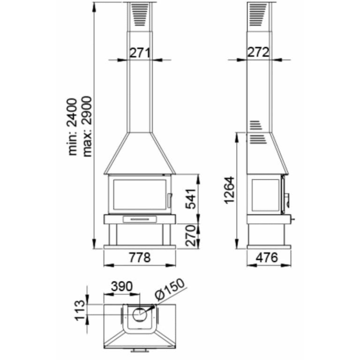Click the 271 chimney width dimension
pos(140,53)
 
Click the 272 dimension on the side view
pos(258,52)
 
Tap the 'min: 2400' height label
pos(73,127)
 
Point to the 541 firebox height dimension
pos(191,199)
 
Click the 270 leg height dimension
pos(191,236)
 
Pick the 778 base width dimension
pos(140,257)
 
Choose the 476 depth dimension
pos(267,257)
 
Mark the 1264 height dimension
pos(230,190)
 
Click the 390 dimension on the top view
pos(122,286)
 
